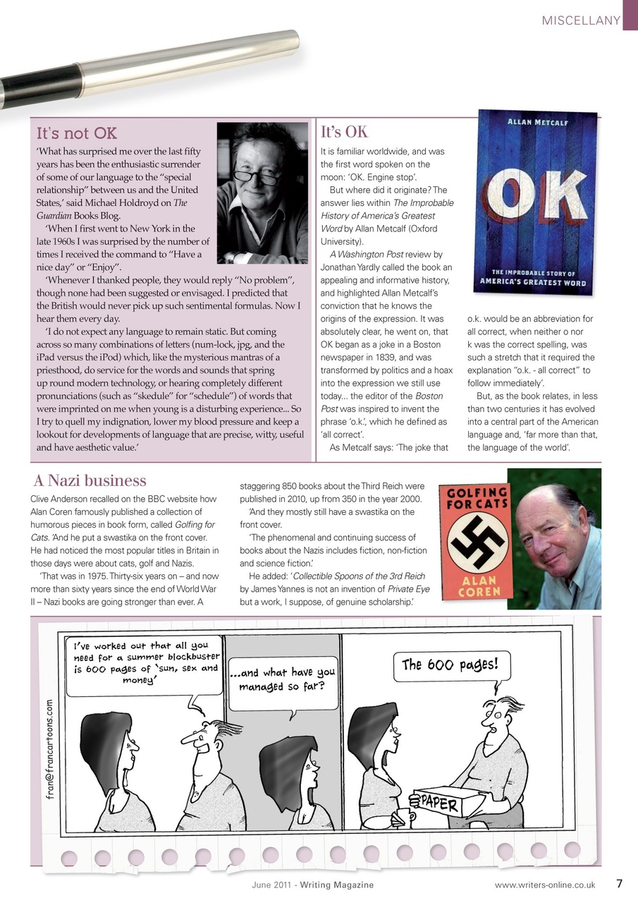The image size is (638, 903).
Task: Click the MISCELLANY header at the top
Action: (580, 20)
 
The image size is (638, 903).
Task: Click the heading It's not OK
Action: (77, 133)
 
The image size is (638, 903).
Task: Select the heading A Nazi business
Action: (90, 481)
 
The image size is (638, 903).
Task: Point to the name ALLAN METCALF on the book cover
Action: (538, 122)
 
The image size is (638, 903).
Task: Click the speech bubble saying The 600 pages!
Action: (450, 665)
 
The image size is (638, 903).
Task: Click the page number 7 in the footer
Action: (619, 883)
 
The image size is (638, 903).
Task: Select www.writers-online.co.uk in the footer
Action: (544, 885)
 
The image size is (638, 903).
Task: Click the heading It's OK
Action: (344, 133)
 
